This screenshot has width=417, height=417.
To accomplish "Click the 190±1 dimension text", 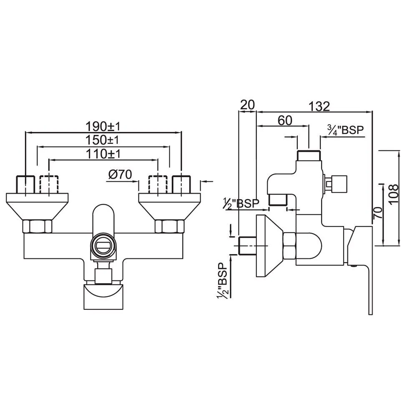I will [103, 126].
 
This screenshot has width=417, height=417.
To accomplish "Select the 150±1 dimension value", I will [103, 139].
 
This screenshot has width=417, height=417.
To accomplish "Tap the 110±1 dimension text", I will [103, 153].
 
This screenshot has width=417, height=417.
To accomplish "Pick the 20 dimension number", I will [247, 105].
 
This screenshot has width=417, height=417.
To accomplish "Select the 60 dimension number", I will [285, 120].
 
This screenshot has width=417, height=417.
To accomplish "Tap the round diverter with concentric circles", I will [103, 244].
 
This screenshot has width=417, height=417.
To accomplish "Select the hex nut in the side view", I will [289, 245].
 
